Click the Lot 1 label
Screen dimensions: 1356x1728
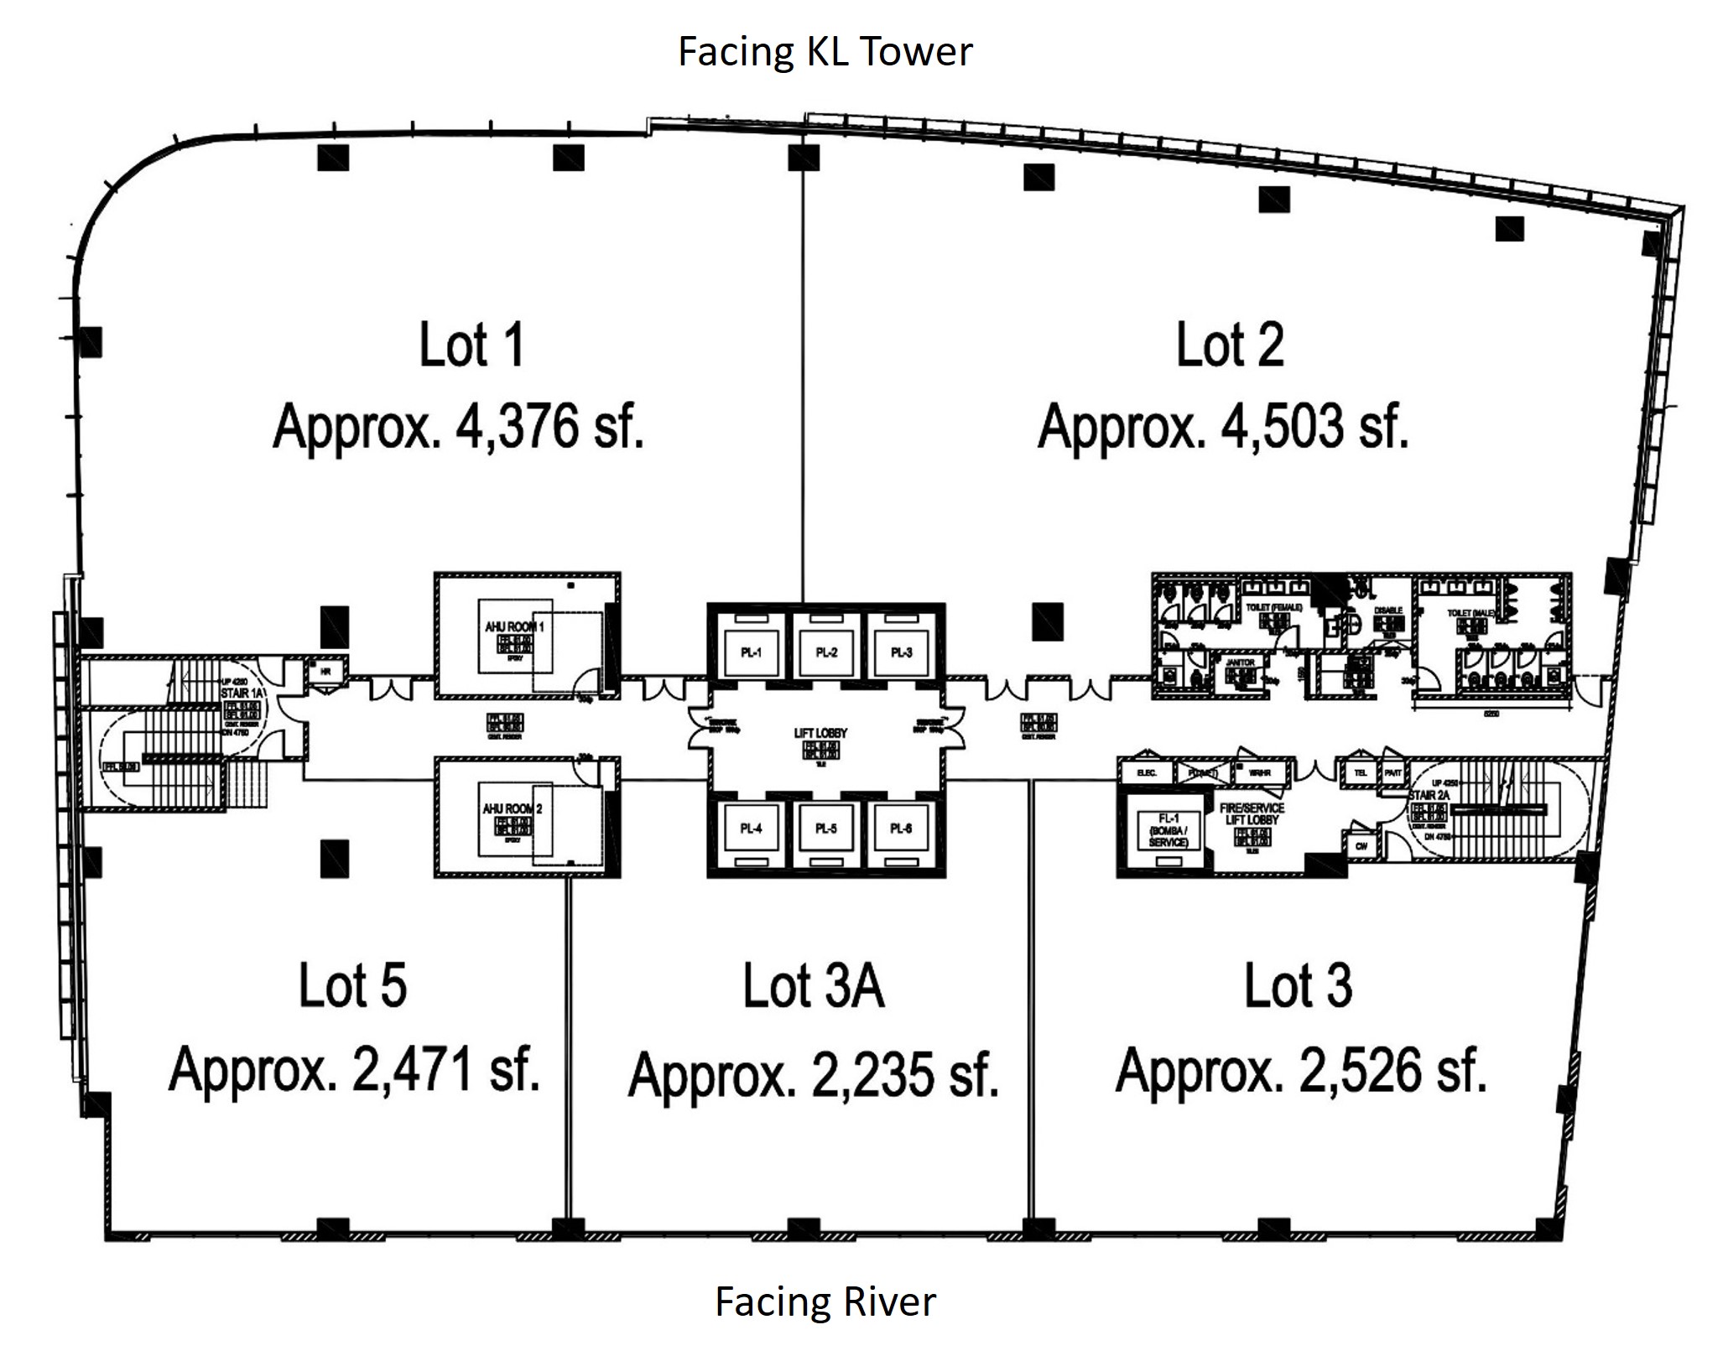471,345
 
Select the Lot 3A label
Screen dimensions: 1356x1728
813,986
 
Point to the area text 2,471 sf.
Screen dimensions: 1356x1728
354,1069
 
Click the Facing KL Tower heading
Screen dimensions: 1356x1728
825,52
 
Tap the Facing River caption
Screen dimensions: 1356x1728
825,1301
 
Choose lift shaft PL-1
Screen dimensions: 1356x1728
751,652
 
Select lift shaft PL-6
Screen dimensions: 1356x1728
901,829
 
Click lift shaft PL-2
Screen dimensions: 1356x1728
826,652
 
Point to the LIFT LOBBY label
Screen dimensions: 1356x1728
820,733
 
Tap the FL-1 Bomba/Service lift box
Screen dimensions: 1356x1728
1168,829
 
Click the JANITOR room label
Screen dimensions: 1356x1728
1240,662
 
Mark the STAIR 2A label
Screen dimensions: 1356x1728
1428,794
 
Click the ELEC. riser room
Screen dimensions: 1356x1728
1147,772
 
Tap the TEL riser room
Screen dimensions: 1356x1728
1361,772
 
